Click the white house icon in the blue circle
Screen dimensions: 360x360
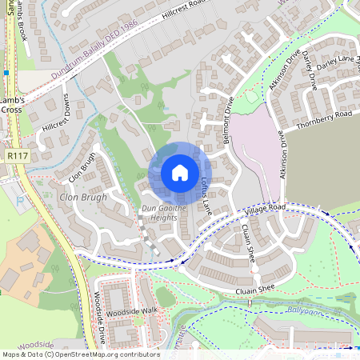point(179,172)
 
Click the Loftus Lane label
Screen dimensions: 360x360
point(206,192)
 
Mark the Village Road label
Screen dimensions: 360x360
point(266,207)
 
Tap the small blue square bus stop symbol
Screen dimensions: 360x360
point(6,73)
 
